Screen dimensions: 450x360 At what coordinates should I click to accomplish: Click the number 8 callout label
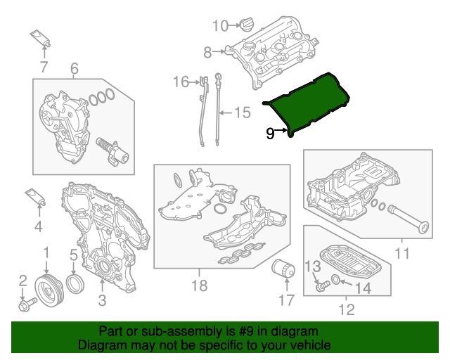(x=207, y=51)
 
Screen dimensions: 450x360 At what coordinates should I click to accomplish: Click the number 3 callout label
(x=102, y=302)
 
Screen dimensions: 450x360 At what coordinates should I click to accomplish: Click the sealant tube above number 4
(x=35, y=196)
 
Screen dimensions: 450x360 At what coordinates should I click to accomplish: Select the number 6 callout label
(x=74, y=68)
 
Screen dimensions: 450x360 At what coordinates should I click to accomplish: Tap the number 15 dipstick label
(x=242, y=112)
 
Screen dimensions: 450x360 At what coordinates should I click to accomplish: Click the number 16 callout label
(x=181, y=82)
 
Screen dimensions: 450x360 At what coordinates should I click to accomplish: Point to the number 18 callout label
(x=199, y=285)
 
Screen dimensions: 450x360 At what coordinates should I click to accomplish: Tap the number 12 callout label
(x=346, y=309)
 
